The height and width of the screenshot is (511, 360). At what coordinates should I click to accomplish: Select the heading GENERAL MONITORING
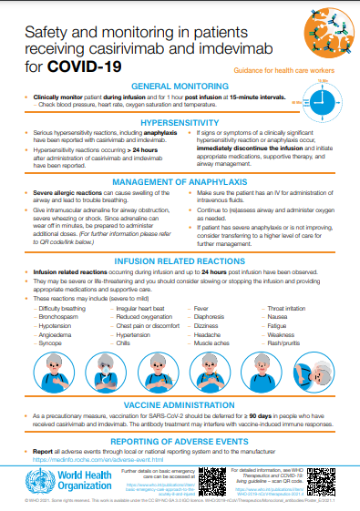coord(179,86)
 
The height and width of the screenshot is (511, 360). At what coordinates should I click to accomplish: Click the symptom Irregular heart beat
coord(140,284)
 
